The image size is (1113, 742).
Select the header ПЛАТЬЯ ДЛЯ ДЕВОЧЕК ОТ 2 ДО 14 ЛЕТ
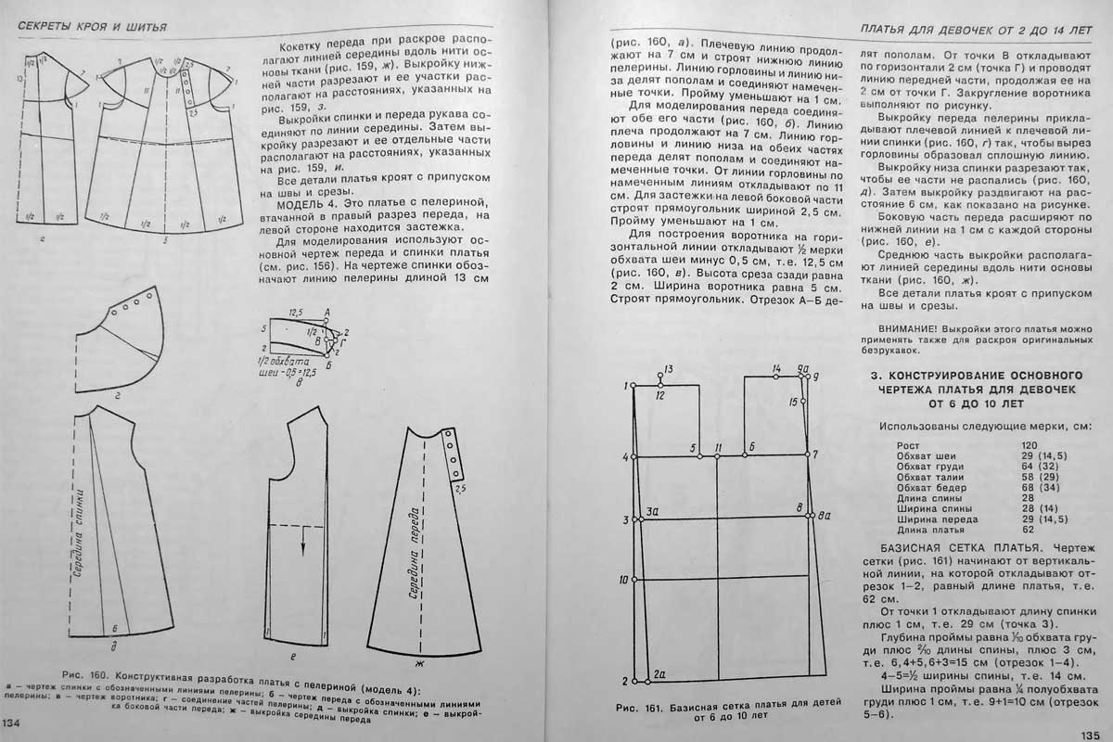tap(984, 29)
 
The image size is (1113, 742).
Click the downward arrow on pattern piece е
tap(302, 547)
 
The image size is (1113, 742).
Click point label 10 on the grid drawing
tap(623, 580)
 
